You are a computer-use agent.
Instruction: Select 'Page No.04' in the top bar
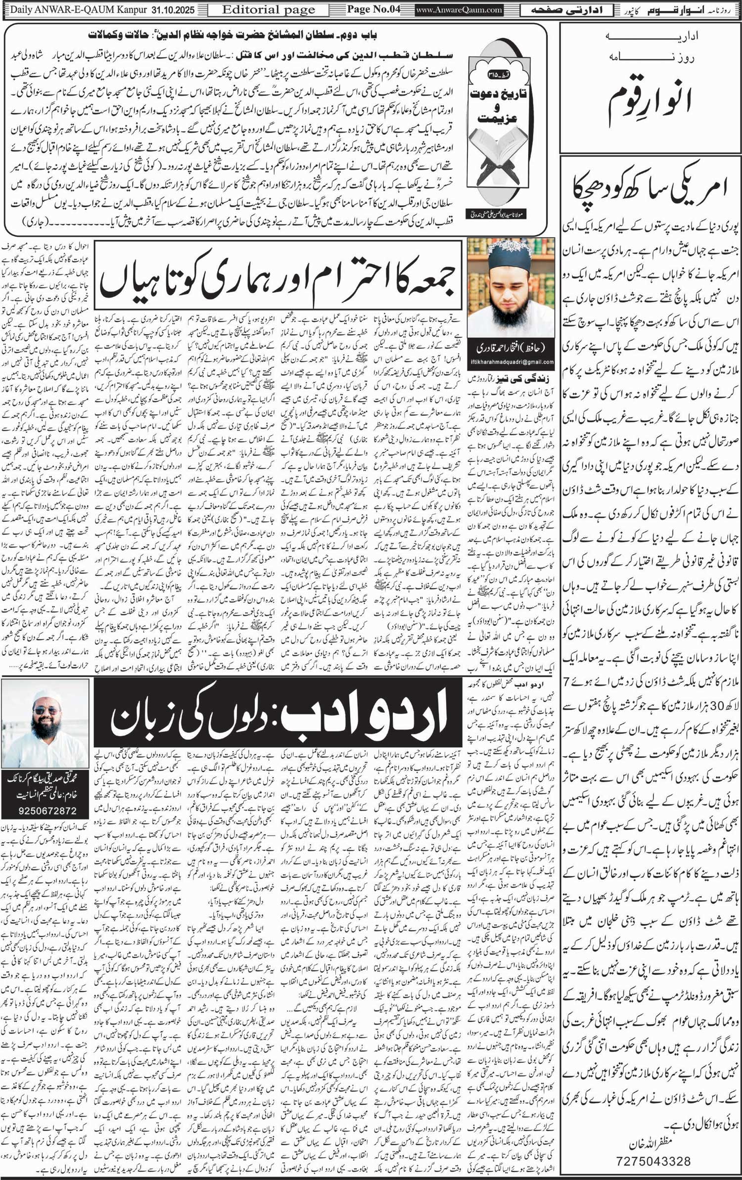[x=373, y=10]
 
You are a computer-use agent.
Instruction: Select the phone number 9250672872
[x=45, y=811]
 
